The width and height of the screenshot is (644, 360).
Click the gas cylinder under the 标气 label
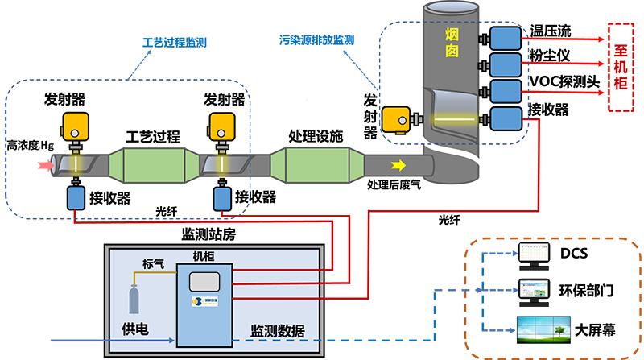(x=134, y=300)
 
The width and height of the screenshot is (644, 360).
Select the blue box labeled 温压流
(x=506, y=37)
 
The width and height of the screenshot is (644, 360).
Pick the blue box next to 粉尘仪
(x=506, y=64)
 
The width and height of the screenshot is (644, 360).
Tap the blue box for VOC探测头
(x=506, y=90)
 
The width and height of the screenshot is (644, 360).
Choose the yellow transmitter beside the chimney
(x=396, y=120)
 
